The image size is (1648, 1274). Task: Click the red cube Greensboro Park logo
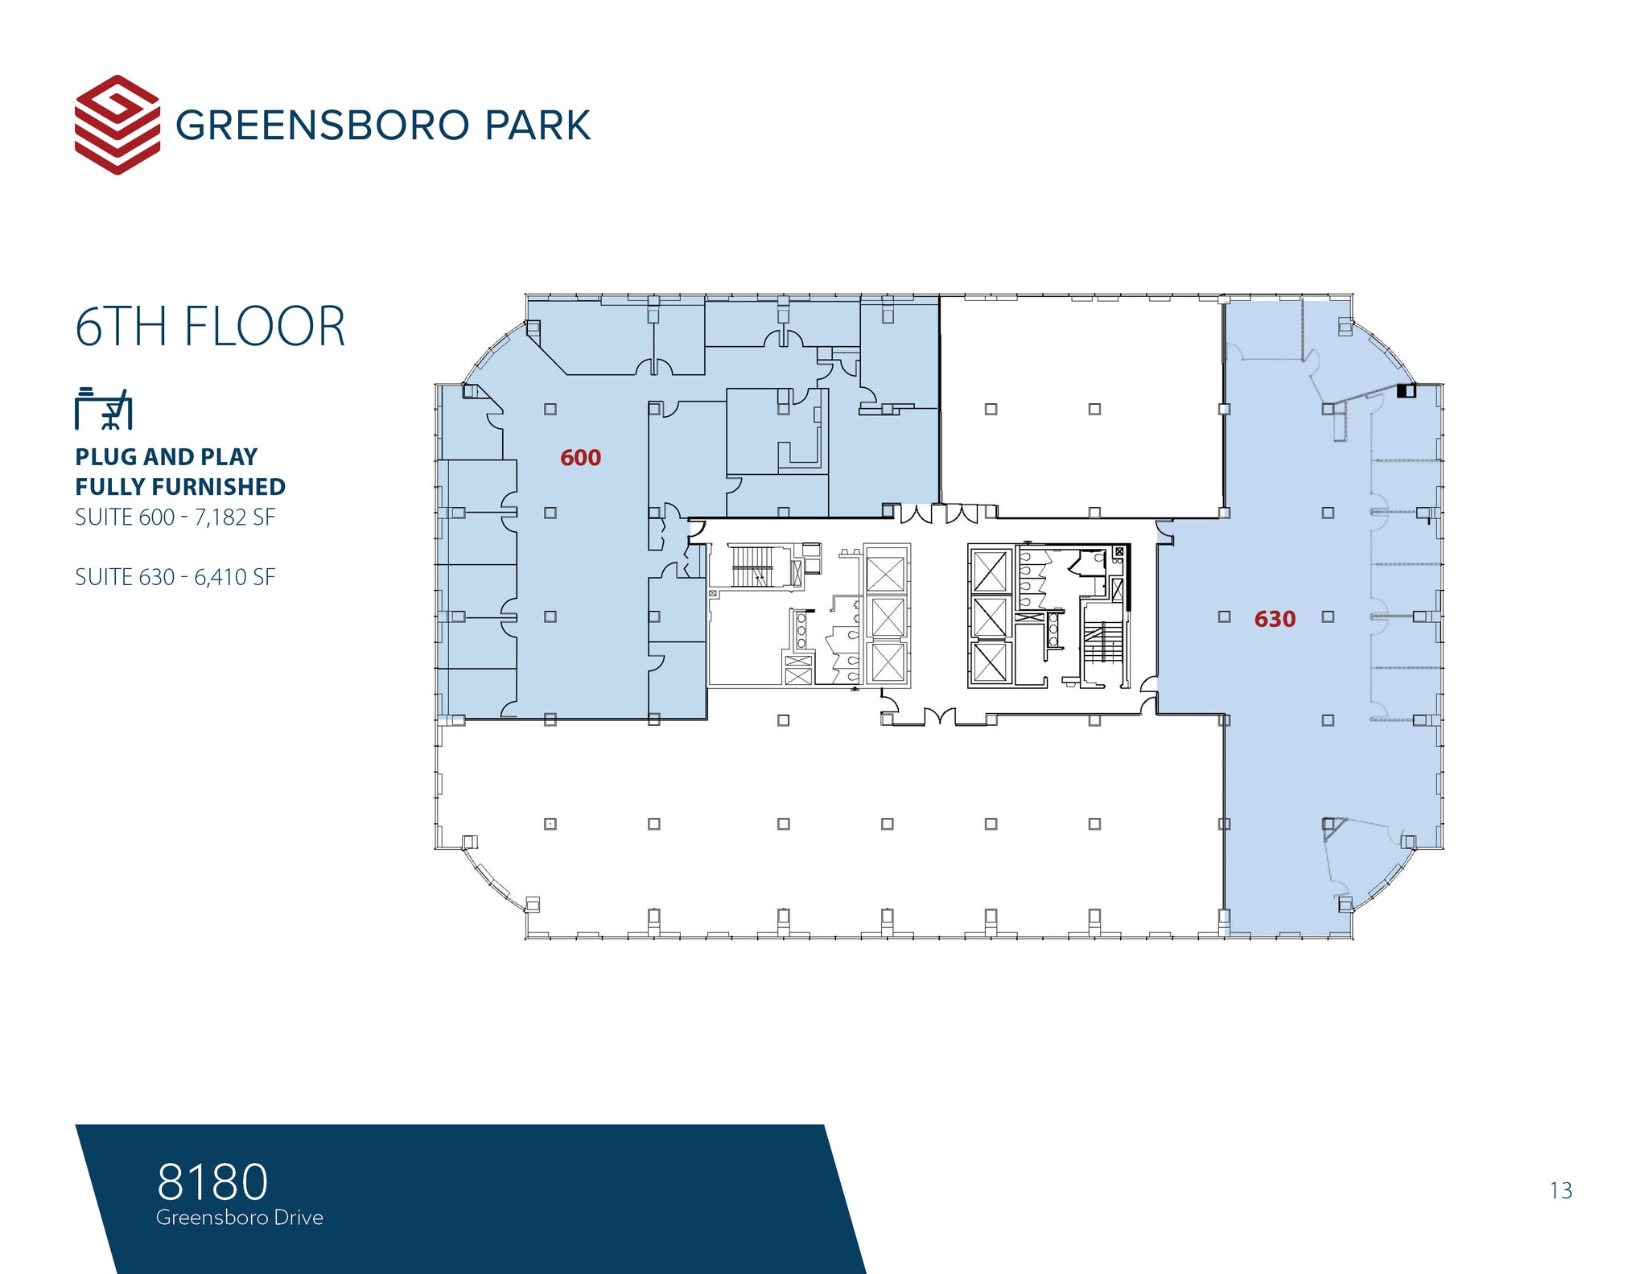[117, 125]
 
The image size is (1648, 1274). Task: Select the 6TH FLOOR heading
[210, 327]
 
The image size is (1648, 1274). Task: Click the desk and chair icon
[103, 409]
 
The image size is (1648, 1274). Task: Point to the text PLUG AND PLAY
[167, 456]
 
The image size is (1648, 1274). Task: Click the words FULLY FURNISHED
[180, 487]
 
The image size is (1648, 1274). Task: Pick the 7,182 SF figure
[235, 517]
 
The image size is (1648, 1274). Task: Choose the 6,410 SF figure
[235, 577]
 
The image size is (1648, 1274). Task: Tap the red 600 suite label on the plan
[580, 458]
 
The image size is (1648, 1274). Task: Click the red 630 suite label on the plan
[1275, 619]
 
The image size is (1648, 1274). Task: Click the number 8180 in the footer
[212, 1181]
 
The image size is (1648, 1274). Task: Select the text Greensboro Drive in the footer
[240, 1218]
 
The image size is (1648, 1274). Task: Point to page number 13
[1560, 1190]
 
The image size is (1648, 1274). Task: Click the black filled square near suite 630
[1405, 391]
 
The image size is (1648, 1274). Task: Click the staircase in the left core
[752, 567]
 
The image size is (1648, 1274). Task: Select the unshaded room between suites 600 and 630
[1081, 406]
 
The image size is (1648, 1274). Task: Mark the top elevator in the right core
[990, 570]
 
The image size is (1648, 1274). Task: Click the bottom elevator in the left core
[888, 663]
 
